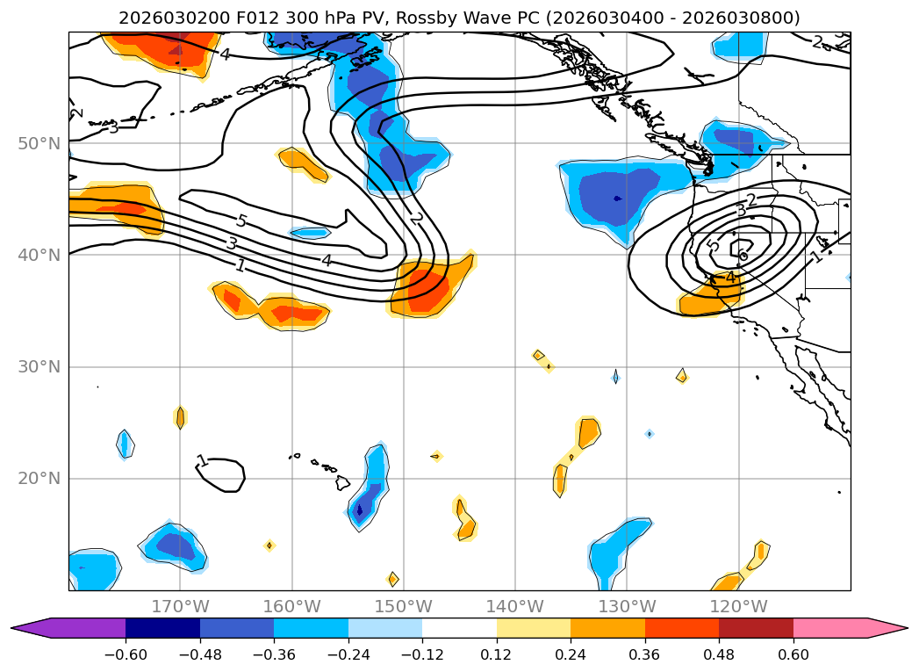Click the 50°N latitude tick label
click(39, 143)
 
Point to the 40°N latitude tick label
click(39, 255)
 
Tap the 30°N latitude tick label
click(39, 366)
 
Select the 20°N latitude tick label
click(39, 478)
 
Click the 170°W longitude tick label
click(180, 606)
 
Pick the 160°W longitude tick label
click(291, 606)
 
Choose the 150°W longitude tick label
click(403, 606)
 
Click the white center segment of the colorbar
click(459, 627)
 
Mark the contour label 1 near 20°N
click(203, 461)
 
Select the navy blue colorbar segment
click(162, 627)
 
